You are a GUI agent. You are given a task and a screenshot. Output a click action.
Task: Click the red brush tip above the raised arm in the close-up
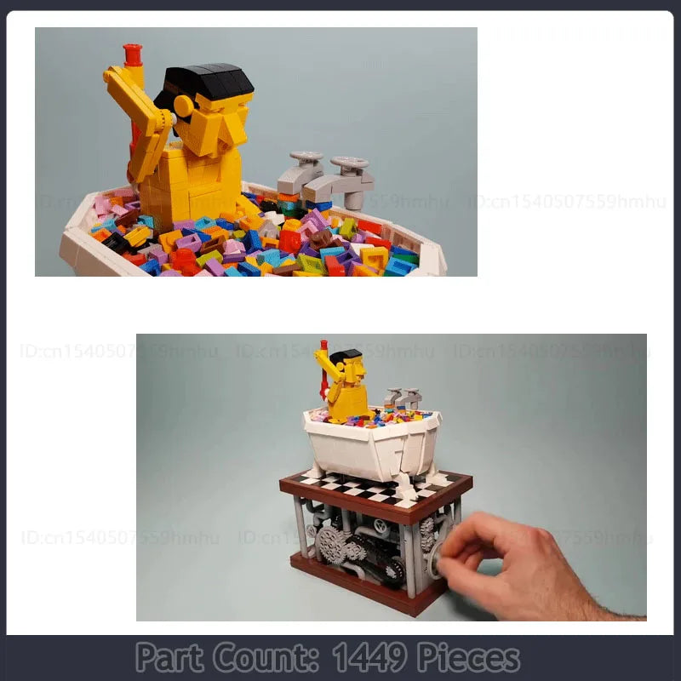pyautogui.click(x=133, y=55)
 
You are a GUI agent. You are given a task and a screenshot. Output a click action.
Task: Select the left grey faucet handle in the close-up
pyautogui.click(x=306, y=159)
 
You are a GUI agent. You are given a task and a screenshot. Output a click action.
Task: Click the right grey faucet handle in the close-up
pyautogui.click(x=350, y=163)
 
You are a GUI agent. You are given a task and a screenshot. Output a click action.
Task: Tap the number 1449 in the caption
pyautogui.click(x=370, y=658)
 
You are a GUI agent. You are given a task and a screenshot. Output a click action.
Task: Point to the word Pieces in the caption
pyautogui.click(x=468, y=658)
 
